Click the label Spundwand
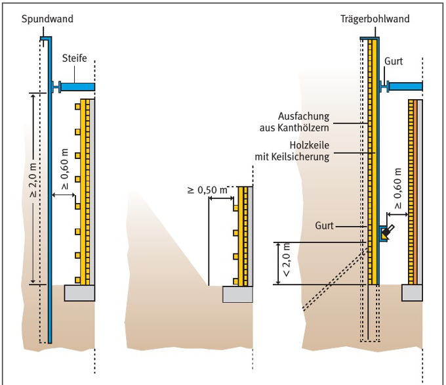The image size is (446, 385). (x=47, y=19)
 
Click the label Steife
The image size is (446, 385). (x=75, y=59)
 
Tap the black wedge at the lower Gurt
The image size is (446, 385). (x=388, y=231)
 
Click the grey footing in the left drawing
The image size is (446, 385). (x=80, y=292)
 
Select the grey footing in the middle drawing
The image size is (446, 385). (x=237, y=294)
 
